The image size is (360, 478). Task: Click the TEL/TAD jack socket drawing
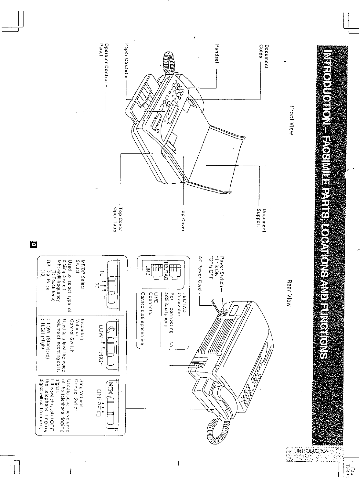point(174,271)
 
